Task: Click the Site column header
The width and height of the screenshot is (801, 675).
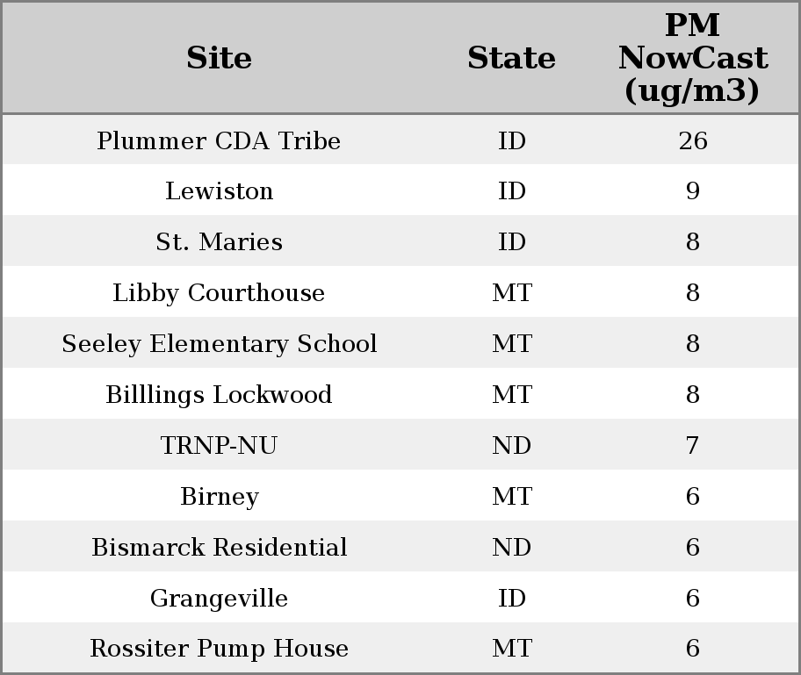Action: (x=219, y=59)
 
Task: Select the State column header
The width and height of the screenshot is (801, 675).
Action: (x=511, y=59)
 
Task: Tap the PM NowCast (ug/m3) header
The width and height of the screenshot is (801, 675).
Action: (x=692, y=59)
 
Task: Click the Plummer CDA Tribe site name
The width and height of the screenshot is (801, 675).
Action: (x=219, y=141)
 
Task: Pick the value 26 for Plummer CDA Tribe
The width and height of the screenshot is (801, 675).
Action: (x=692, y=141)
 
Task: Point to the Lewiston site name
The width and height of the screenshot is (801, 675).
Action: (x=219, y=191)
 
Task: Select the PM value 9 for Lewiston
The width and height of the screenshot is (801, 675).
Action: (x=692, y=191)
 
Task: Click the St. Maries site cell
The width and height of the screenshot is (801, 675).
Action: (x=219, y=242)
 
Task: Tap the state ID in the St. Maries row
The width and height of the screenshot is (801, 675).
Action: (x=511, y=242)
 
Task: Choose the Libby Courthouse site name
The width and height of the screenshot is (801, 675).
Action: (x=219, y=293)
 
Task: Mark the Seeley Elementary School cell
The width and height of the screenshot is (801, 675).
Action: (x=219, y=344)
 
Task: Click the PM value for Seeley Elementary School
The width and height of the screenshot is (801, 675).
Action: (x=692, y=344)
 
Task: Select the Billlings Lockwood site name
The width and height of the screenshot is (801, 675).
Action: (x=219, y=395)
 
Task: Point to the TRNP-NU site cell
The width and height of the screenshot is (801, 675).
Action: (x=219, y=446)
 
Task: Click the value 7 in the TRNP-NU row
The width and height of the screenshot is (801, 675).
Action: (x=692, y=446)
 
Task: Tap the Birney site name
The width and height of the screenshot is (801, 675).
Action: (x=219, y=497)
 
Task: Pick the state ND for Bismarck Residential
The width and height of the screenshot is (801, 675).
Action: (x=511, y=548)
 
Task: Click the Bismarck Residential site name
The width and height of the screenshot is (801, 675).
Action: (x=219, y=548)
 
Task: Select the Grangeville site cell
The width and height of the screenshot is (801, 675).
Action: (x=219, y=599)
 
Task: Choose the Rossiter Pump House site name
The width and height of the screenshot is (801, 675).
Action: (x=219, y=649)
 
